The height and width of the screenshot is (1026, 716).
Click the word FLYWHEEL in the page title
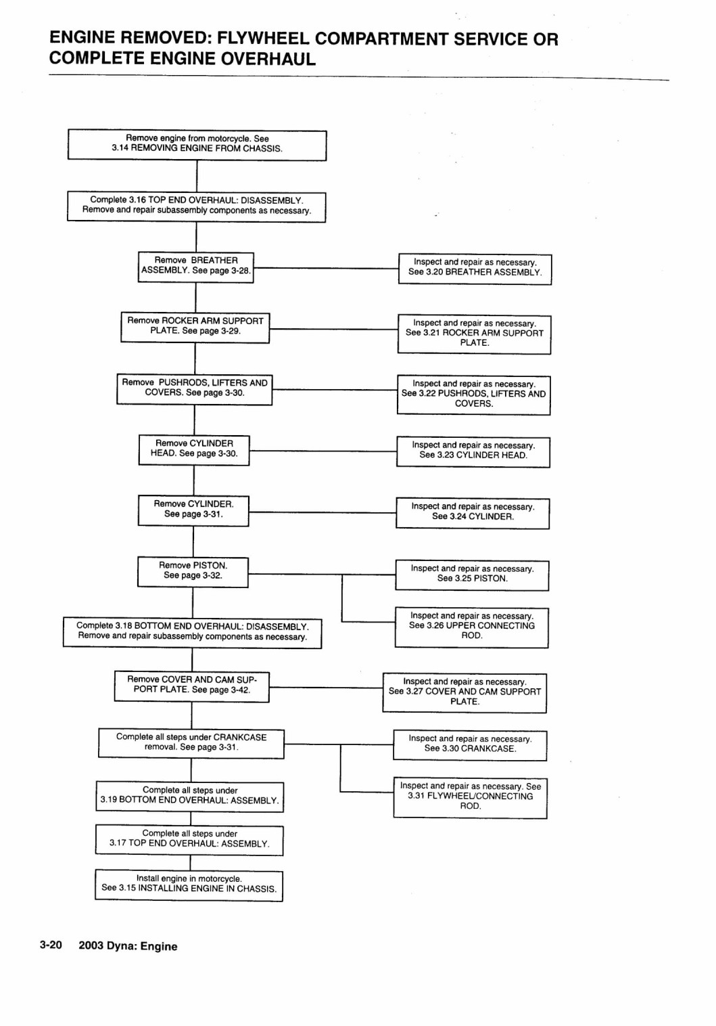(x=262, y=39)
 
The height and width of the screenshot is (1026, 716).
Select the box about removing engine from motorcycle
(x=197, y=145)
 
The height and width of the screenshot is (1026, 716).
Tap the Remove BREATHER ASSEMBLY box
(x=196, y=267)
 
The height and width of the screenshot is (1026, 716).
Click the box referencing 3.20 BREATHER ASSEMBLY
(x=475, y=269)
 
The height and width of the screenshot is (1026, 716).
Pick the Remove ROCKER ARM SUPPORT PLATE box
(x=195, y=328)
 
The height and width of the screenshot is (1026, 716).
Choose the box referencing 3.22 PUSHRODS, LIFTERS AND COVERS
(x=473, y=395)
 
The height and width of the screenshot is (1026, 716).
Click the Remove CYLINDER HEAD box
(x=194, y=450)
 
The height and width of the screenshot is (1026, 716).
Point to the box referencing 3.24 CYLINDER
(x=473, y=514)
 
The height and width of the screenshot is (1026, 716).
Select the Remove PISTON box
(x=193, y=572)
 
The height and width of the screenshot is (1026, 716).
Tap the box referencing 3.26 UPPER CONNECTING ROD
(x=472, y=627)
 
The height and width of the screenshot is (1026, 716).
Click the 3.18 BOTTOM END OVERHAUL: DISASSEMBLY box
(x=192, y=633)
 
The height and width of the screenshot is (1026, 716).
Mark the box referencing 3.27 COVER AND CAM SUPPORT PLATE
(x=464, y=693)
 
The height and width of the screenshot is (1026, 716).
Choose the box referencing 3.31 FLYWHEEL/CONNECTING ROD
(x=471, y=799)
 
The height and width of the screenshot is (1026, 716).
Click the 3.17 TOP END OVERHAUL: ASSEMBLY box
(x=189, y=841)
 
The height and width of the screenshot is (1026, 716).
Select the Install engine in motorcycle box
(x=189, y=885)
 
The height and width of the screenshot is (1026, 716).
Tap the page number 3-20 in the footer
(x=51, y=945)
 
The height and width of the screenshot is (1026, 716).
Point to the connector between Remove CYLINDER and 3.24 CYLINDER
(x=323, y=512)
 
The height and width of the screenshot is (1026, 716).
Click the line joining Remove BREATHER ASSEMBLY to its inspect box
(x=326, y=269)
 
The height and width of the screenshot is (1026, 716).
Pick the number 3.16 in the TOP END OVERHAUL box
(x=137, y=200)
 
